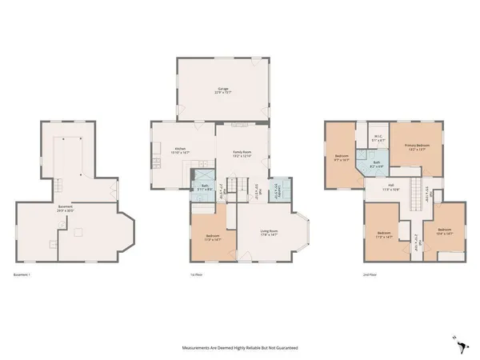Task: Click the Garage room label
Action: point(222,91)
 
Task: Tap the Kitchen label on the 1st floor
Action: point(181,150)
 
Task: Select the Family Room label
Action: point(242,153)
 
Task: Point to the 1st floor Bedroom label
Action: point(214,238)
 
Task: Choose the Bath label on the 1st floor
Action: point(205,187)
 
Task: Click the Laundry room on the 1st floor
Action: point(278,190)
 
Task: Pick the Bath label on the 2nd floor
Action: point(376,166)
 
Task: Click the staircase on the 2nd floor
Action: point(414,194)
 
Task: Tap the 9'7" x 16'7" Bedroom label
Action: point(342,158)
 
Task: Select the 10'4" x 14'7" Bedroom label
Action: point(446,233)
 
